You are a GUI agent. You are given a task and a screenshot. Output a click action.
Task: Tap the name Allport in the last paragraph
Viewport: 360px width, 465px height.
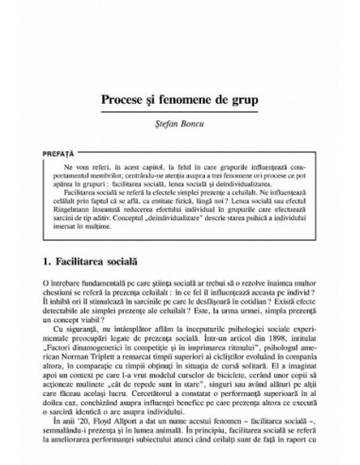tap(129, 433)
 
